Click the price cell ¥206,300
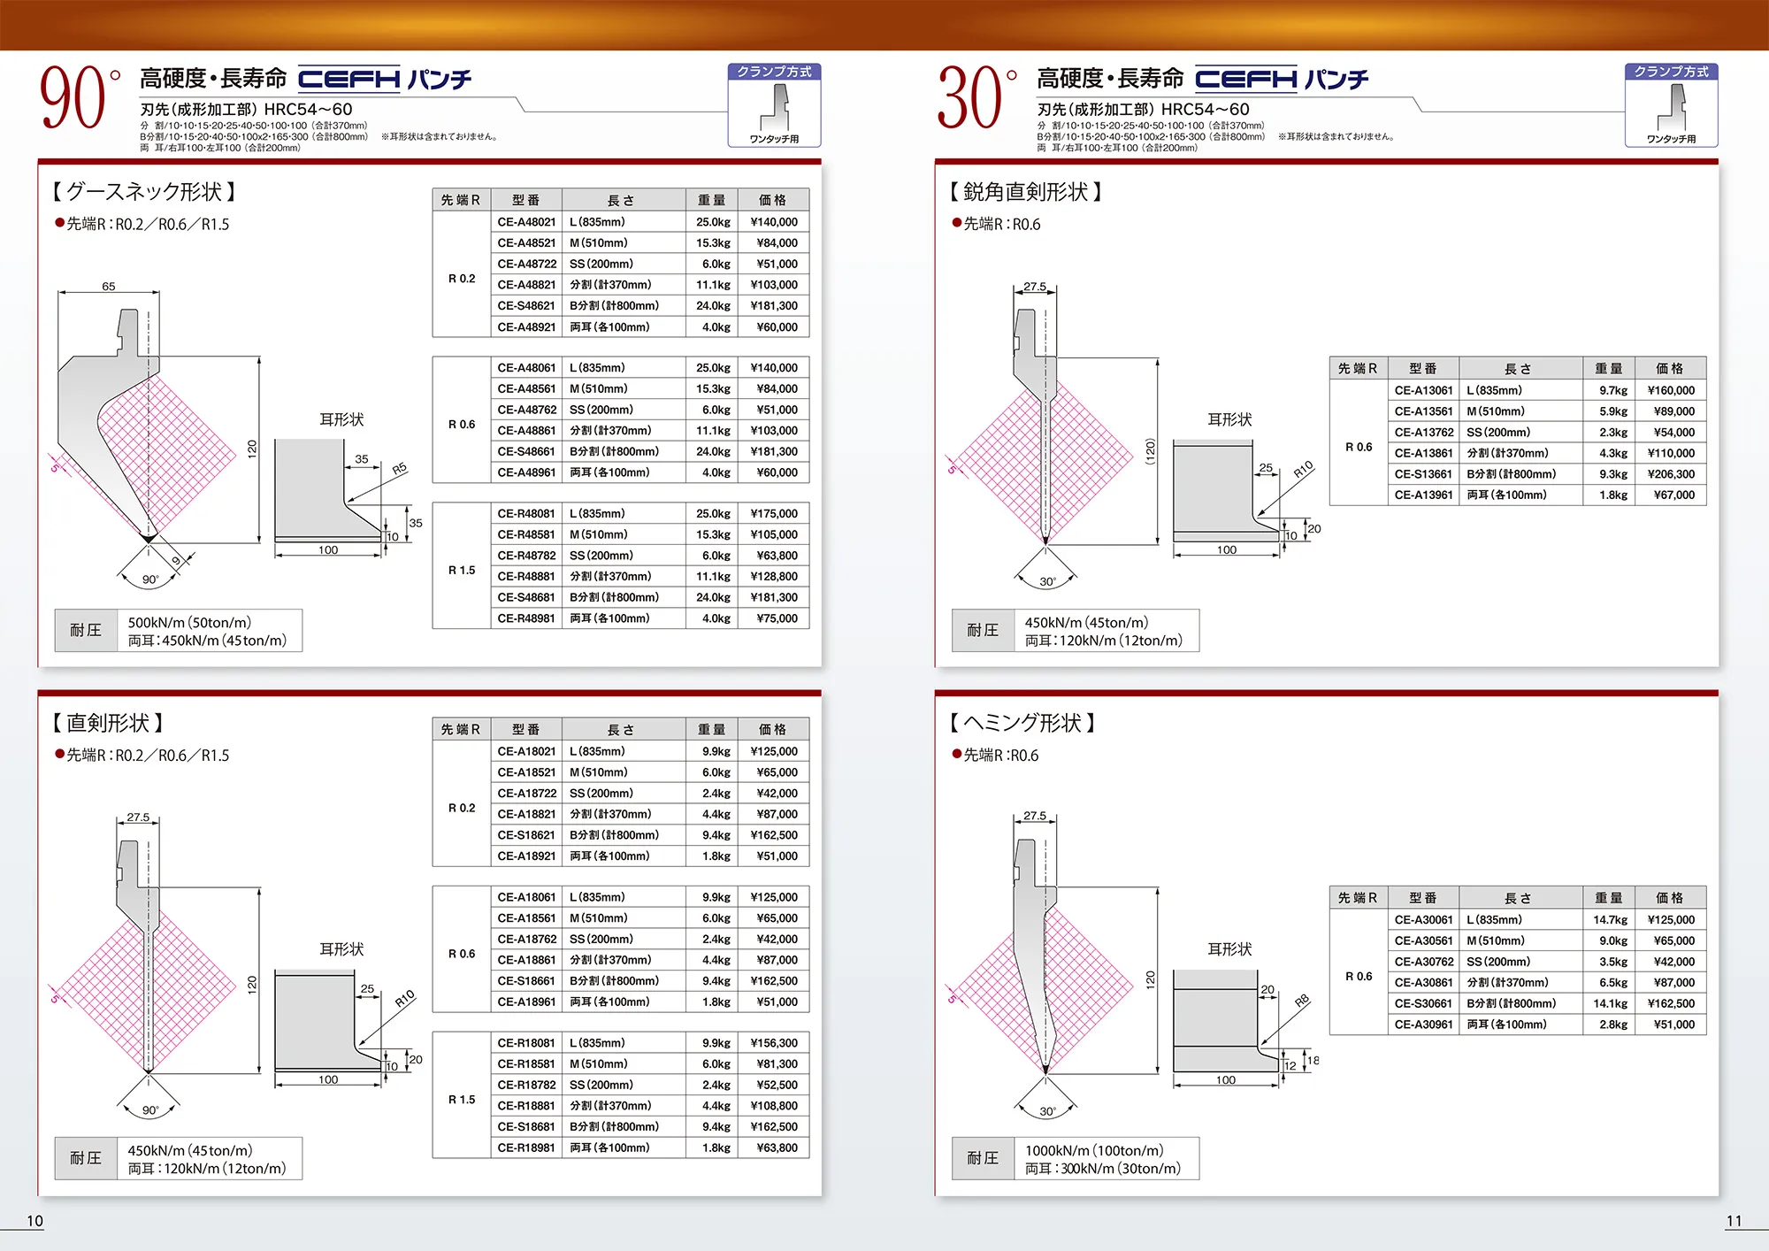1671,474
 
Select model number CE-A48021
526,222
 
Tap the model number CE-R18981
526,1147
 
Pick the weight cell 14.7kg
1610,920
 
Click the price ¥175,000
774,513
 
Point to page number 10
34,1221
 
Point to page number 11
1734,1221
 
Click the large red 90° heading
80,97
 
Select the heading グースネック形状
144,192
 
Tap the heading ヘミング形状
1022,723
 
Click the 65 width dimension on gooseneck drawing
108,286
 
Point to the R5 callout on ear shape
399,469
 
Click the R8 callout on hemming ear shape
1302,1002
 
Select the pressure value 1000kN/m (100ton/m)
1094,1150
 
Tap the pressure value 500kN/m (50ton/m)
189,622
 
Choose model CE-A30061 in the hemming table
1423,920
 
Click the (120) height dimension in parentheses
1150,451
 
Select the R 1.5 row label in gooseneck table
462,571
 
